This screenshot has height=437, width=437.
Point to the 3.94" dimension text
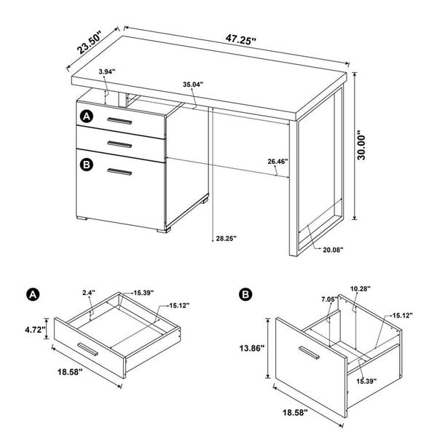pos(108,72)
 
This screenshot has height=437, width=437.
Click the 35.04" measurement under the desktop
pos(192,85)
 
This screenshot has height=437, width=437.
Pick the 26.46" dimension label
pos(277,161)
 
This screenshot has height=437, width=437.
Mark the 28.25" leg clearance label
pos(225,237)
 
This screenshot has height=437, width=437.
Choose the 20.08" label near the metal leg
pos(333,250)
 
